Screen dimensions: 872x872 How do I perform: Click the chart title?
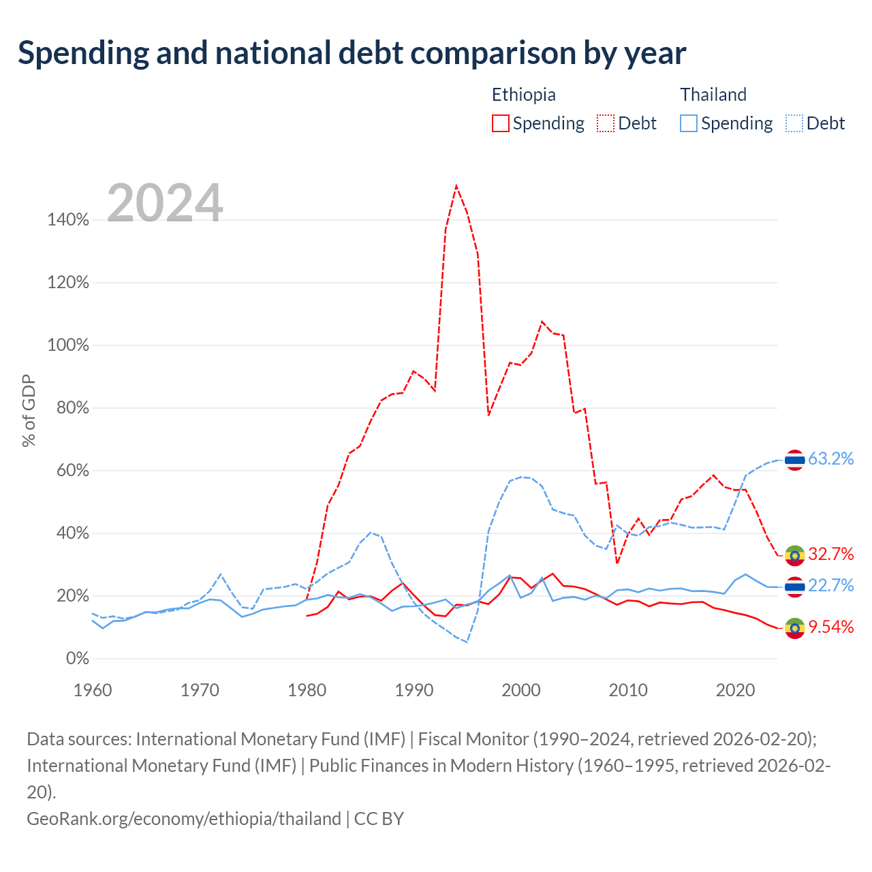[352, 53]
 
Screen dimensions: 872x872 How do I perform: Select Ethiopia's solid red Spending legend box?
[500, 123]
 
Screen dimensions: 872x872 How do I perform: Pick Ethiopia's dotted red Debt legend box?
[605, 123]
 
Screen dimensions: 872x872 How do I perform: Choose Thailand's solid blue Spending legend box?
[688, 123]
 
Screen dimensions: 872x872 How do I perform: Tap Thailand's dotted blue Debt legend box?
[794, 123]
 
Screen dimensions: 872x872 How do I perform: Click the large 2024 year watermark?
[165, 202]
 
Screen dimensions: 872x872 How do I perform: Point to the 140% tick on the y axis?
[68, 220]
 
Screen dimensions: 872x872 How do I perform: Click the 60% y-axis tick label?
[72, 471]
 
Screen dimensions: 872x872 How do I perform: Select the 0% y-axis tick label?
[78, 658]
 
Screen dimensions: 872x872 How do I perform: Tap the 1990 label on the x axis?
[414, 691]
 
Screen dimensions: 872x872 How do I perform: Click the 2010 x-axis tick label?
[628, 691]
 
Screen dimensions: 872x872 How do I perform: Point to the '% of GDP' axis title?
[29, 410]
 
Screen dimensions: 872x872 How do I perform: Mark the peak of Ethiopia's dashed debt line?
[456, 185]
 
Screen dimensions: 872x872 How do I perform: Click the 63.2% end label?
[831, 459]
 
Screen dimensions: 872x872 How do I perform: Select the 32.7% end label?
[831, 554]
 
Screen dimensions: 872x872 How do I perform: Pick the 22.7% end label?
[831, 586]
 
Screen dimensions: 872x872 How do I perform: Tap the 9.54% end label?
[831, 627]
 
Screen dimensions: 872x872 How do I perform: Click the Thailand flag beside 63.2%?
[794, 461]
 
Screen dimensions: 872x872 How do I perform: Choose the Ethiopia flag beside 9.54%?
[794, 628]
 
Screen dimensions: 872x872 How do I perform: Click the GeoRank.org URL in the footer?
[184, 819]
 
